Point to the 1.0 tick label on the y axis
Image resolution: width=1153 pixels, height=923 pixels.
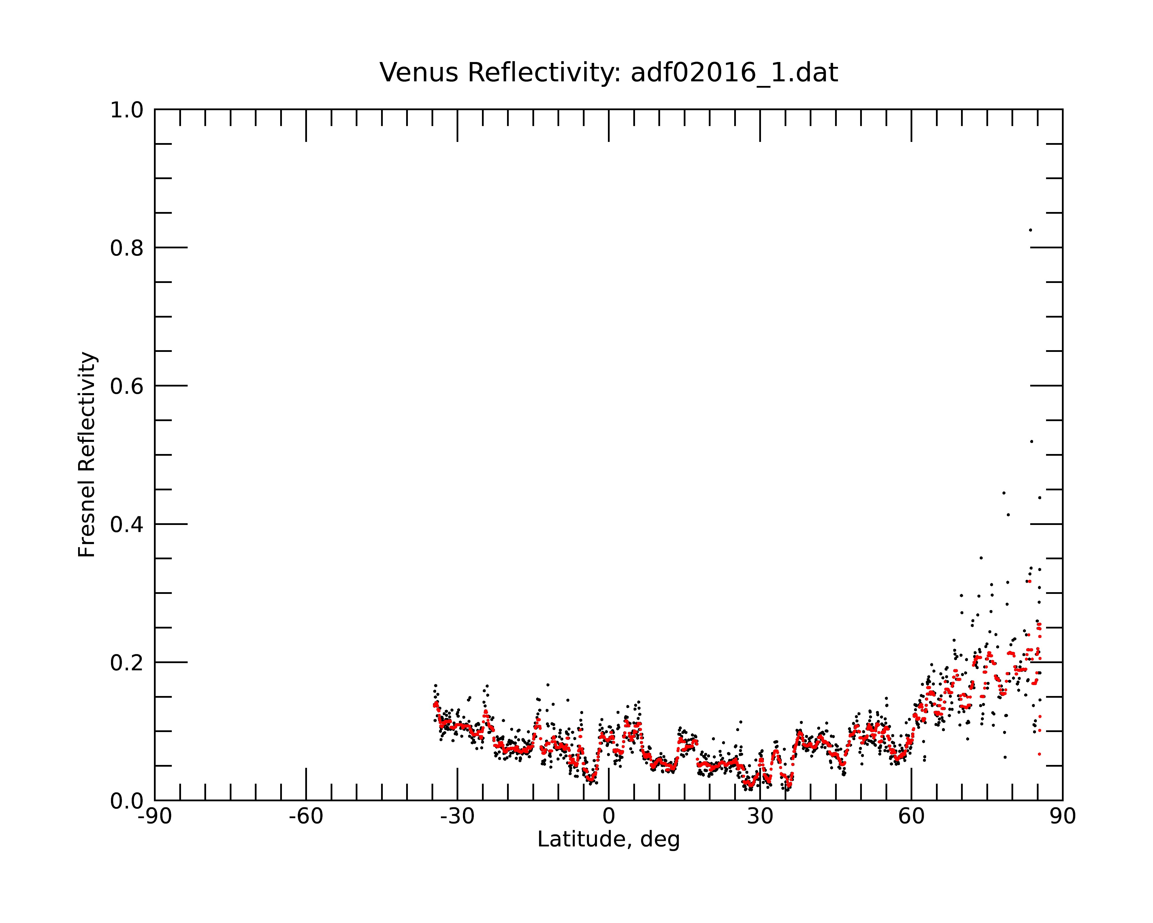point(127,110)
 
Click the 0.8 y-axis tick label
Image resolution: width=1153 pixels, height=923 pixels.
point(127,248)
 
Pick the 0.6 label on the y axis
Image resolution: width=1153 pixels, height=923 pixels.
point(127,386)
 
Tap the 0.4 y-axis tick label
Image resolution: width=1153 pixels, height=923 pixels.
point(127,524)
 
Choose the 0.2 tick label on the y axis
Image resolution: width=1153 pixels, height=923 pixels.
point(127,663)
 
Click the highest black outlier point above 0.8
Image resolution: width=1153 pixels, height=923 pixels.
point(1030,230)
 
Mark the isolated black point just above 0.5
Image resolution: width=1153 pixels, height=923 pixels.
point(1032,441)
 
